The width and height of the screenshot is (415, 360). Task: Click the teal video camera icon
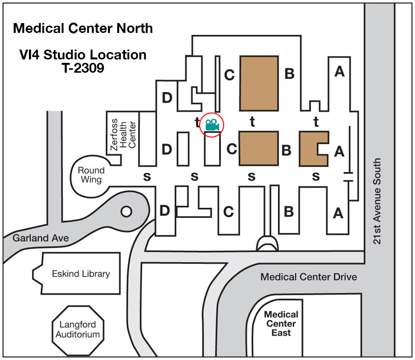(212, 125)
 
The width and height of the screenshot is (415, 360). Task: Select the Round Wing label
(91, 175)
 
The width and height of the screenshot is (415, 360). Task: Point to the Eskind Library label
(81, 274)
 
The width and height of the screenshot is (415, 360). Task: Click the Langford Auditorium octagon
(78, 330)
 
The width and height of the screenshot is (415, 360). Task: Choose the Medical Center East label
(281, 324)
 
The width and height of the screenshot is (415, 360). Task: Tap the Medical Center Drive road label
(309, 277)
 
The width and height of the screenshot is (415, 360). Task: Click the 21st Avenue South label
(377, 201)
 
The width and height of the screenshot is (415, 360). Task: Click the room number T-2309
(79, 68)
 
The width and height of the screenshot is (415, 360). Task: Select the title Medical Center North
(83, 28)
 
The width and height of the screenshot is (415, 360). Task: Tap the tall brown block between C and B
(258, 83)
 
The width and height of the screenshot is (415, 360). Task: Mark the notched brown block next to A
(312, 148)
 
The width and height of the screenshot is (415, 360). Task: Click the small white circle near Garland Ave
(126, 212)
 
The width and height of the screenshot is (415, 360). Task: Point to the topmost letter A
(339, 72)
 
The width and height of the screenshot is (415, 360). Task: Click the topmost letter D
(167, 98)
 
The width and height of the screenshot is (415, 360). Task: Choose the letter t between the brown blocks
(252, 122)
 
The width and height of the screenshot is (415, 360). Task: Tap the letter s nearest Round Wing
(146, 177)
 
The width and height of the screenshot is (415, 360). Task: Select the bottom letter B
(289, 212)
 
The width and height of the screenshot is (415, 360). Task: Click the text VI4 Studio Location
(80, 55)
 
